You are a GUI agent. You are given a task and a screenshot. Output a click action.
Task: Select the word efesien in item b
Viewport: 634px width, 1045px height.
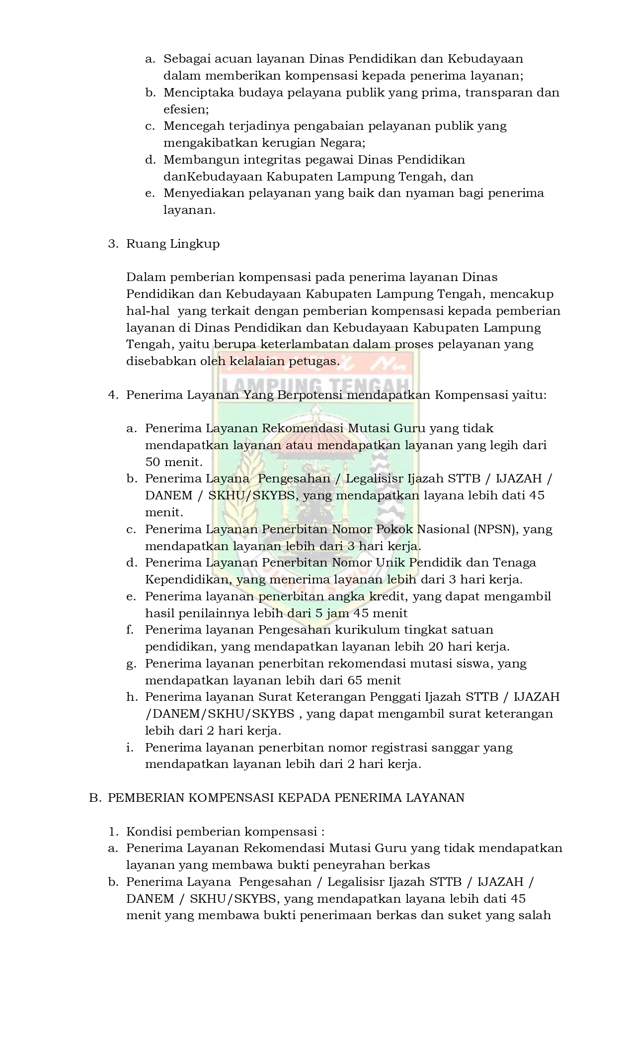(185, 109)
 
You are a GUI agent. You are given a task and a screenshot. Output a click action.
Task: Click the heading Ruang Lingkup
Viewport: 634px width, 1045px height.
(172, 244)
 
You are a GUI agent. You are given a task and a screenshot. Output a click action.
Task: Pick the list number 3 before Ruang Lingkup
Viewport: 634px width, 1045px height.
(112, 244)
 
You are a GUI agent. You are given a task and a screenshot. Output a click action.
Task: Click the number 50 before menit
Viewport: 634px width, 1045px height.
(153, 463)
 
